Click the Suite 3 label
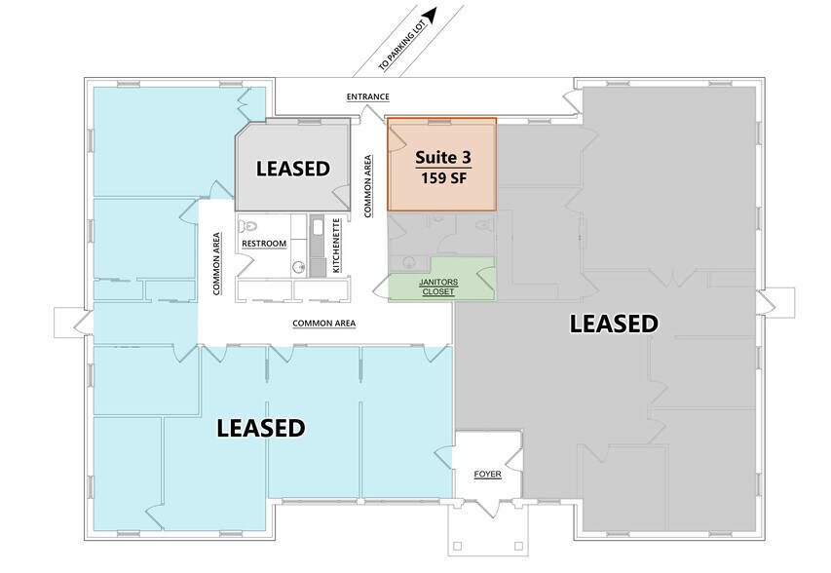(441, 158)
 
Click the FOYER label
(487, 475)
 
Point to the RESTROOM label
(264, 243)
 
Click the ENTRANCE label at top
(368, 96)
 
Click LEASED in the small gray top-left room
(292, 168)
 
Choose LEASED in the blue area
(261, 427)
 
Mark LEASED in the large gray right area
(614, 324)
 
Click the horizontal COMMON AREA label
(323, 323)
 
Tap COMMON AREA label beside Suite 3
(368, 185)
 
